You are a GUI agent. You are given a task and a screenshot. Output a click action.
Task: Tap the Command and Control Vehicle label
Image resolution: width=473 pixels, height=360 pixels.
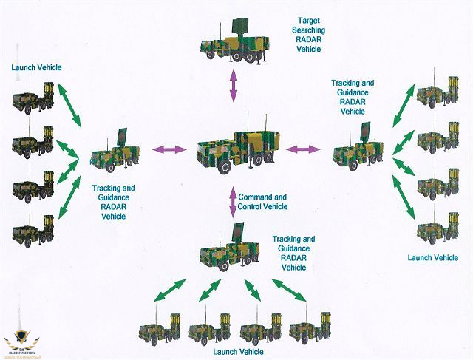point(262,202)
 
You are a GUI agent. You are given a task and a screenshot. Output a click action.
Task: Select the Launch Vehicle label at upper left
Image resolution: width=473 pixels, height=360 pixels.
point(36,67)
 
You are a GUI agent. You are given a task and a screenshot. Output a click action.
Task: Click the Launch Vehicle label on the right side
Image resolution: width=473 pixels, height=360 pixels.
point(433,257)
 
